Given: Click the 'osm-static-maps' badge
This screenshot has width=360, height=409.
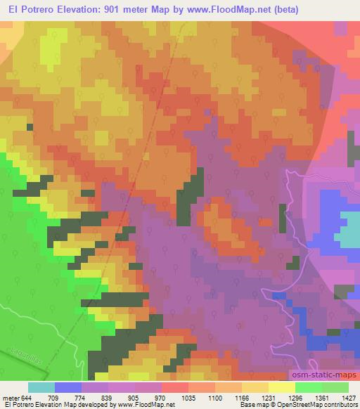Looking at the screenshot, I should [323, 378].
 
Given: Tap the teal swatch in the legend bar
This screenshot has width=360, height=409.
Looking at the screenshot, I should [41, 387].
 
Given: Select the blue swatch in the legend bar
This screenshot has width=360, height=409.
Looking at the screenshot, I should [68, 387].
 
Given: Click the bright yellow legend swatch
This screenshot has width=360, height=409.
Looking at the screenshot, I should [281, 387].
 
